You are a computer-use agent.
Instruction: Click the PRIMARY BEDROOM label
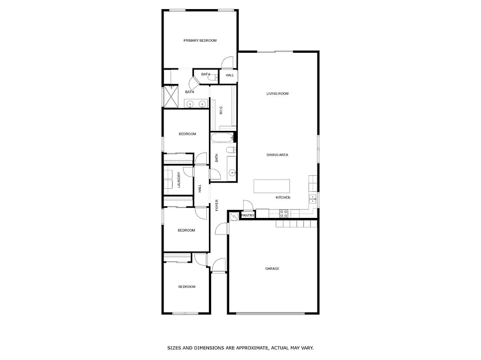click(200, 41)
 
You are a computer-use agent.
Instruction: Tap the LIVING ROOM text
click(277, 93)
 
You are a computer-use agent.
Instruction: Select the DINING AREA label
click(277, 155)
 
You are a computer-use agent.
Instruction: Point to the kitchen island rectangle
click(271, 186)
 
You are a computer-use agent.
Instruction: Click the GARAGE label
click(272, 269)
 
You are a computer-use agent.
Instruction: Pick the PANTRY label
click(248, 216)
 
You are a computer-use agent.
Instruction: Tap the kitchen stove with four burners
click(284, 214)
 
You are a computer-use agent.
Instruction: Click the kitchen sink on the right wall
click(313, 199)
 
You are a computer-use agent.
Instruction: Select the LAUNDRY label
click(179, 179)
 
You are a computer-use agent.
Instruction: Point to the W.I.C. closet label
click(221, 110)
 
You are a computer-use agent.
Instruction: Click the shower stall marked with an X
click(171, 97)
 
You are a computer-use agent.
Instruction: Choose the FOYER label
click(216, 205)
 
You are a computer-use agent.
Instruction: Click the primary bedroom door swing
click(227, 62)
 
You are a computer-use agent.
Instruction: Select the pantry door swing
click(247, 205)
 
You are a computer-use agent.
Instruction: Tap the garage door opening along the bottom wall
click(270, 314)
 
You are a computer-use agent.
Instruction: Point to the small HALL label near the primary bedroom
click(230, 75)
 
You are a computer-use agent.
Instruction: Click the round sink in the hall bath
click(232, 173)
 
